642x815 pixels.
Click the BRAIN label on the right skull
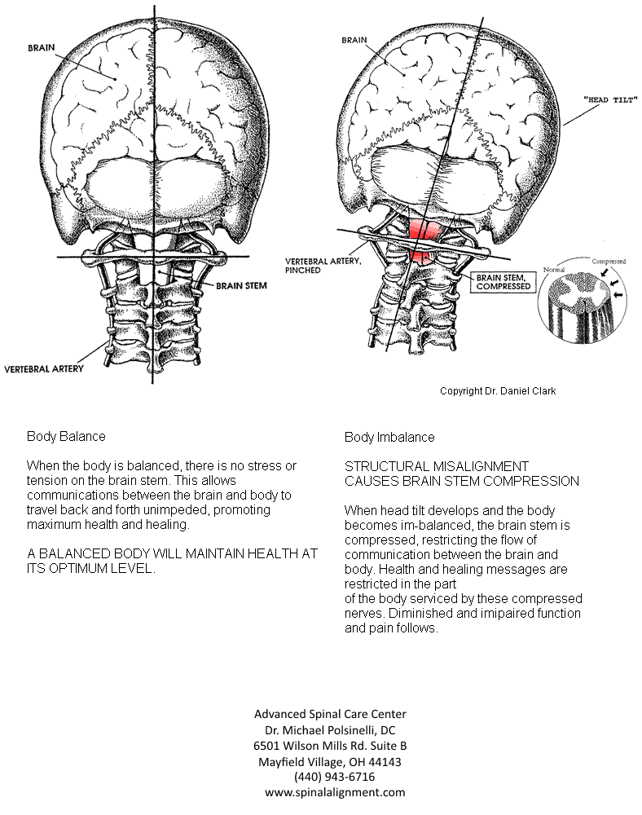pos(354,39)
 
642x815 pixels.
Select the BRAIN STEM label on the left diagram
pos(242,286)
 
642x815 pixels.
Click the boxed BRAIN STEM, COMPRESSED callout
pos(503,282)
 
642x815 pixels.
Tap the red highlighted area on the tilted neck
pos(424,242)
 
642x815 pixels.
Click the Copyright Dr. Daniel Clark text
pos(498,391)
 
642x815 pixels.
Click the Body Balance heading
pos(66,437)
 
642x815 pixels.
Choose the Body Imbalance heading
pos(389,438)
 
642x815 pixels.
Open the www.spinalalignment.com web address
pos(334,792)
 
